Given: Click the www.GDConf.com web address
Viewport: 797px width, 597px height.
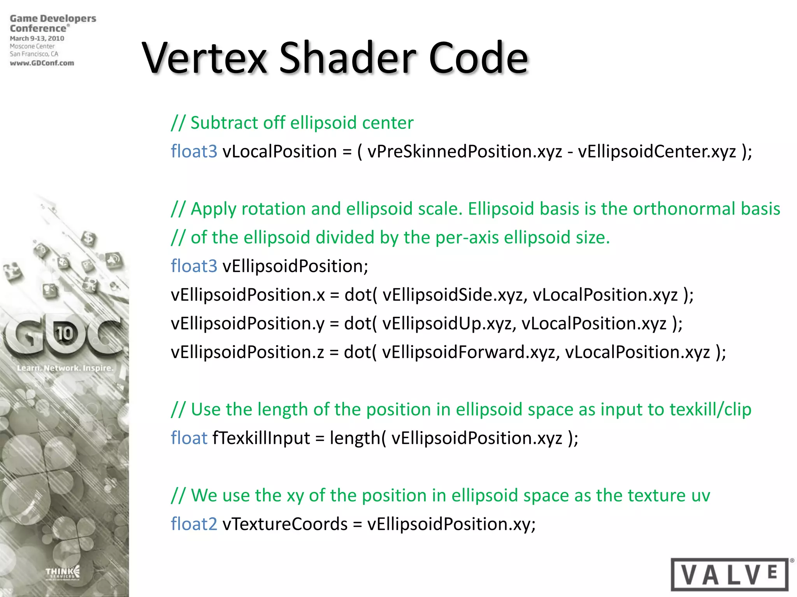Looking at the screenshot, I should [42, 63].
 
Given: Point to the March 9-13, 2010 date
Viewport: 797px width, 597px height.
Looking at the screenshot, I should [37, 38].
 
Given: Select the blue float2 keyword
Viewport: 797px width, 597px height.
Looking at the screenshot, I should [194, 524].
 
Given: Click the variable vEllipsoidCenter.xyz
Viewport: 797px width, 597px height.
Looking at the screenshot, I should [657, 152].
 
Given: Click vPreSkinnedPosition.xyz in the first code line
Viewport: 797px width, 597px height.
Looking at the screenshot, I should [465, 152].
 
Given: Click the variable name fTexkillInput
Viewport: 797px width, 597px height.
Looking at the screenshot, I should [261, 438].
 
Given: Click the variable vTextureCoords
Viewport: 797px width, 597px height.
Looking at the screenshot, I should [285, 524].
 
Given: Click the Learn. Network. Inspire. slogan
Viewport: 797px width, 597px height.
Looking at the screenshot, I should [65, 368].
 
